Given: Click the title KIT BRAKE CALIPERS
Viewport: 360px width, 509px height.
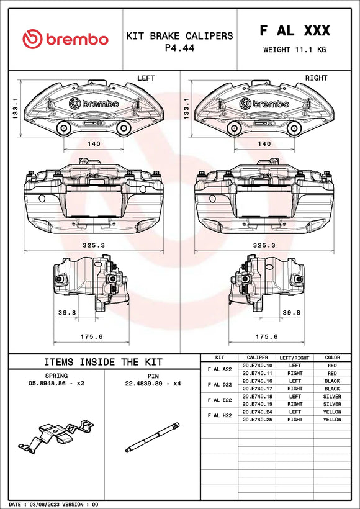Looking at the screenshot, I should click(179, 36).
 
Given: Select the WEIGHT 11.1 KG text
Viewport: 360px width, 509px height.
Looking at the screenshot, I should click(294, 49).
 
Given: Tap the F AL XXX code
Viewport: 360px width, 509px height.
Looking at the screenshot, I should click(294, 31).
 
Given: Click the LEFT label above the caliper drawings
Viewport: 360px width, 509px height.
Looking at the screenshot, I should click(145, 78).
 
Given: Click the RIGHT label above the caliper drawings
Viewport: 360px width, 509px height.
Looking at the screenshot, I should click(316, 78).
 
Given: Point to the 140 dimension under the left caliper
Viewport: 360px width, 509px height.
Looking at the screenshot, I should click(93, 143).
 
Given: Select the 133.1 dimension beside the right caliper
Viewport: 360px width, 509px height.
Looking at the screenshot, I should click(186, 112).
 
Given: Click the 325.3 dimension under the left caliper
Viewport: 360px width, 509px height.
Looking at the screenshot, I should click(93, 245).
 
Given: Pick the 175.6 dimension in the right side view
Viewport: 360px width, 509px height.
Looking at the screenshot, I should click(266, 336).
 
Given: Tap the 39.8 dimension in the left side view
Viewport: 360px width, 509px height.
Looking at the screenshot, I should click(66, 313).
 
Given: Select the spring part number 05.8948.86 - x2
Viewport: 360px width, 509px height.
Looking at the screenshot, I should click(56, 384).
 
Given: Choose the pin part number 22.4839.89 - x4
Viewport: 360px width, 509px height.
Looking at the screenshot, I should click(152, 384).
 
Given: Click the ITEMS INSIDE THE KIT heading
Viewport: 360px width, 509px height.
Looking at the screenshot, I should click(103, 362).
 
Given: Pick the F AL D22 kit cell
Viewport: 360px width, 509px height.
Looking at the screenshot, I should click(219, 385).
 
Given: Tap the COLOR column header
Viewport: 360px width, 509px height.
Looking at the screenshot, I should click(333, 358).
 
